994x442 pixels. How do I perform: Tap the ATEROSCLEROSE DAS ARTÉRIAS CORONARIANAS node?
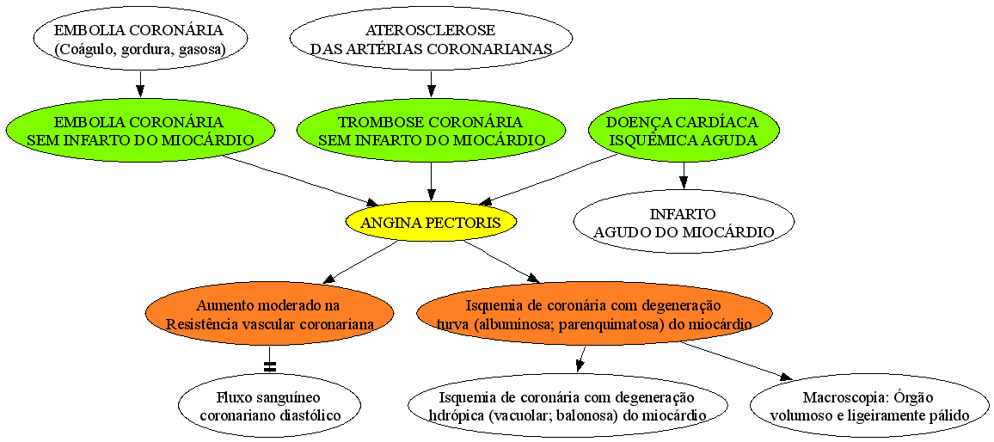point(431,39)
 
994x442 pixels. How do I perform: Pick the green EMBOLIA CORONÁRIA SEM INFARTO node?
point(141,130)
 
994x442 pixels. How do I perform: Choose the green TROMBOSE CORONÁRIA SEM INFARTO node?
point(431,130)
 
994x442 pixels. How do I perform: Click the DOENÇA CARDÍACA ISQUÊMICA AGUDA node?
point(684,130)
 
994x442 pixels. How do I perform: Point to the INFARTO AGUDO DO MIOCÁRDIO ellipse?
point(684,222)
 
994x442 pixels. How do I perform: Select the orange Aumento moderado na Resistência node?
point(269,314)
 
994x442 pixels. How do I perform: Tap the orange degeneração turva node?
point(595,314)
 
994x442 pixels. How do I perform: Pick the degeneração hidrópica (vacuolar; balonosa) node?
point(568,405)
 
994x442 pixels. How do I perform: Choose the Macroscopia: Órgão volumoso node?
point(869,405)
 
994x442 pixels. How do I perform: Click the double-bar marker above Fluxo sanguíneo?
point(270,366)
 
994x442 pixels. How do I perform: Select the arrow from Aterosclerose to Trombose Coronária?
point(431,84)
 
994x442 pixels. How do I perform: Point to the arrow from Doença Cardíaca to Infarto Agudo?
point(684,175)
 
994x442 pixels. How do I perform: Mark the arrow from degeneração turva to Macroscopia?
point(737,361)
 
